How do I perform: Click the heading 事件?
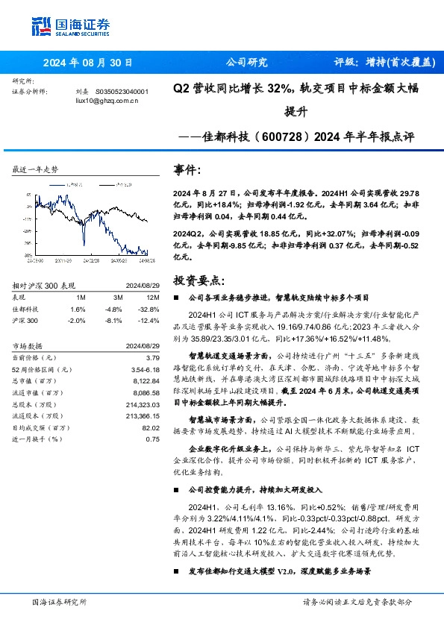187,170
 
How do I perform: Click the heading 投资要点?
198,280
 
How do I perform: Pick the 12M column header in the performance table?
152,297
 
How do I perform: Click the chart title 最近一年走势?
36,169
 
